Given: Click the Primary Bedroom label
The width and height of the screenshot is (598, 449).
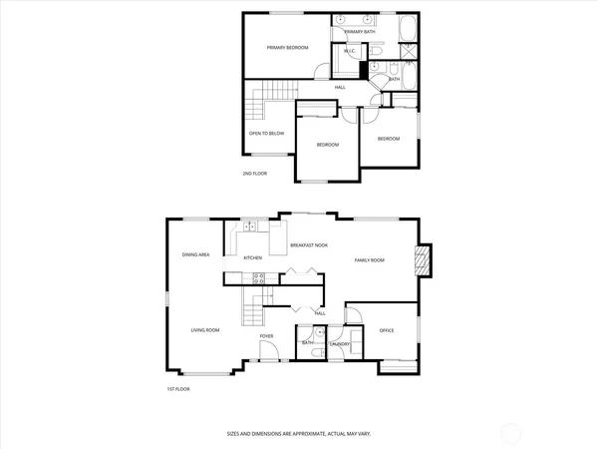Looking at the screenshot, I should coord(286,48).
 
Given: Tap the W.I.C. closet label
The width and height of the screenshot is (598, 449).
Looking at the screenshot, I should coord(350,52).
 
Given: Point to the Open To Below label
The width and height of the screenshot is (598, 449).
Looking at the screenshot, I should coord(262,132).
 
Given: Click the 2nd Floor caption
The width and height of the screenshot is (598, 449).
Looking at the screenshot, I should coord(255,174).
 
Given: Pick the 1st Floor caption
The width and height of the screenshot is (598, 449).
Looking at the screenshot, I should coord(179,388).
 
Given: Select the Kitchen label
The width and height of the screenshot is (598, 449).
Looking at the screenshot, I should coord(253,258).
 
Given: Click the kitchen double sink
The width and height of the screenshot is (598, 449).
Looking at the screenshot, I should coord(251,227).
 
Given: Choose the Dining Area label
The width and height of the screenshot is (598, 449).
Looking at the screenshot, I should coord(195,254).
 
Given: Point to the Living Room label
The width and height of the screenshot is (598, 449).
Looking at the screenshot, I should coord(205,329).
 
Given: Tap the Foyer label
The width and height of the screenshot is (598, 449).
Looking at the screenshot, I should coord(267,336).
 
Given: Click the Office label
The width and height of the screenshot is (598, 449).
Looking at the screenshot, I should coord(386,329).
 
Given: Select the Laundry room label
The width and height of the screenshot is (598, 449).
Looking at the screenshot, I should coord(339,344).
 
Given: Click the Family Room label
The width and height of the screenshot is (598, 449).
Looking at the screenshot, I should coord(370,260).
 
